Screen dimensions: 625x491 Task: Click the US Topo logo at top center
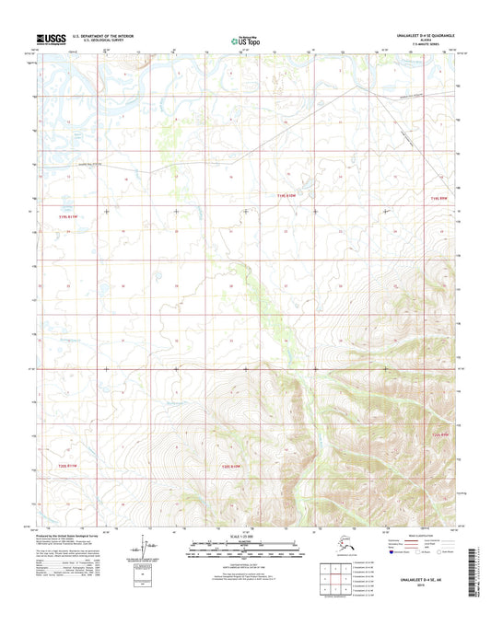(244, 41)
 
